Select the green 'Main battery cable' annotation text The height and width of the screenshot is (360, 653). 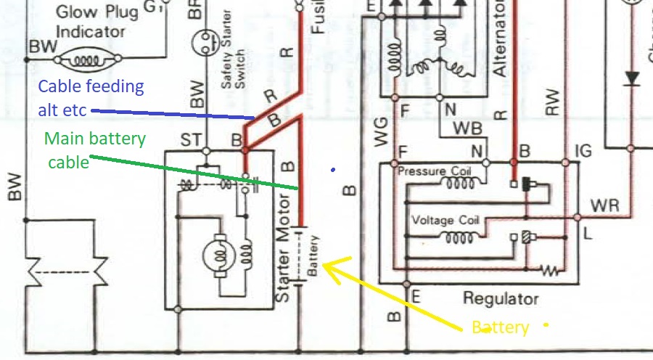coord(95,150)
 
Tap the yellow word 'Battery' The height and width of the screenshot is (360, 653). coord(501,327)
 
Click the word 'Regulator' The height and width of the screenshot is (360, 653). coord(501,299)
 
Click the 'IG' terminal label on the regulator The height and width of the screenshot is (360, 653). coord(583,151)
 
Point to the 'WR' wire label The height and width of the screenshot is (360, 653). coord(605,205)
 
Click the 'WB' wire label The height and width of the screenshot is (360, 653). coord(468,128)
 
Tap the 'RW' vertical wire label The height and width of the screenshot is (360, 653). coord(553,101)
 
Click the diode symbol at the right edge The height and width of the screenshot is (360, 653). coord(631,77)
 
